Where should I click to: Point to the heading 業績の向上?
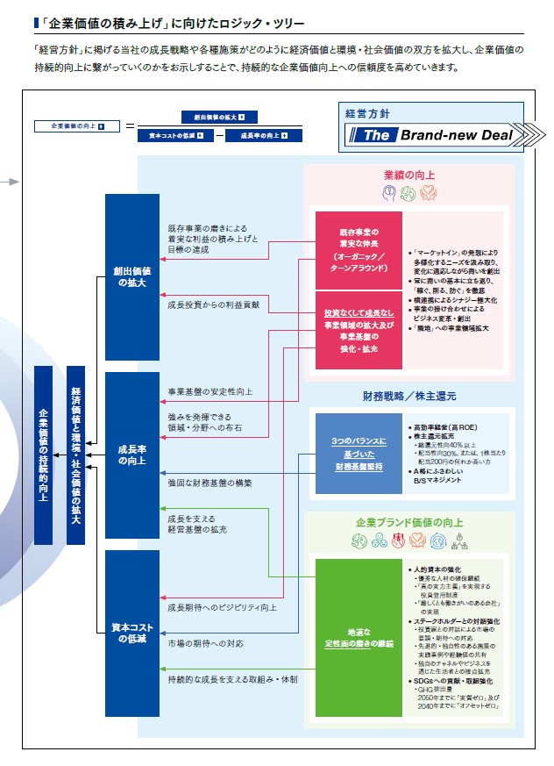[408, 175]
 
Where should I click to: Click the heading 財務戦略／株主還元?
[408, 396]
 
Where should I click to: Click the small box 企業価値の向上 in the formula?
[71, 125]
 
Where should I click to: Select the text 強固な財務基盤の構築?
[210, 483]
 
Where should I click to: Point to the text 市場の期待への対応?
[207, 643]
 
